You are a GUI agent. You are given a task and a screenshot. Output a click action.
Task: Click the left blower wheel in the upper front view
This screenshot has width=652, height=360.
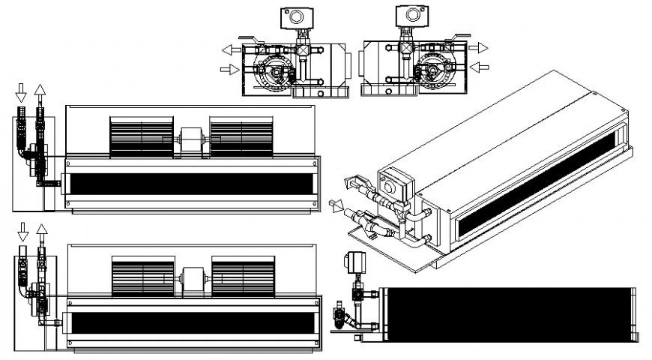(x=142, y=136)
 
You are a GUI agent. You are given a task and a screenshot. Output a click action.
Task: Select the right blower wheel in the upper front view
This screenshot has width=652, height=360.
(x=241, y=136)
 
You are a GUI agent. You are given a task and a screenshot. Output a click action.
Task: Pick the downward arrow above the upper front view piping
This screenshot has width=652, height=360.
(x=21, y=91)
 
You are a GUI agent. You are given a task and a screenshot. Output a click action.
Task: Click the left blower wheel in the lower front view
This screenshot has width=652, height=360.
(x=143, y=278)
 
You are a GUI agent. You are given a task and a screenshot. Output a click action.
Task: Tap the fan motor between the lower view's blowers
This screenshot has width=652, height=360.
(x=193, y=280)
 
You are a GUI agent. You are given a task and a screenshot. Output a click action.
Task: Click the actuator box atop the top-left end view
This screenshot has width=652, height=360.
(x=293, y=16)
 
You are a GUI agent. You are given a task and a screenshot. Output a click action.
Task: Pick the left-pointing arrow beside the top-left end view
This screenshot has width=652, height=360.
(x=230, y=49)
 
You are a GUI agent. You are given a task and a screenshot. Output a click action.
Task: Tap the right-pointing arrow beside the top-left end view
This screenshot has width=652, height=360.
(x=230, y=69)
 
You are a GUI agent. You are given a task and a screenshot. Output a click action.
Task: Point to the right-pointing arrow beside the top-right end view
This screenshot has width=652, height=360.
(x=478, y=48)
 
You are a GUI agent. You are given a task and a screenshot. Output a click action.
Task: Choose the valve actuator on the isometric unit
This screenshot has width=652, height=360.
(x=395, y=184)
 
